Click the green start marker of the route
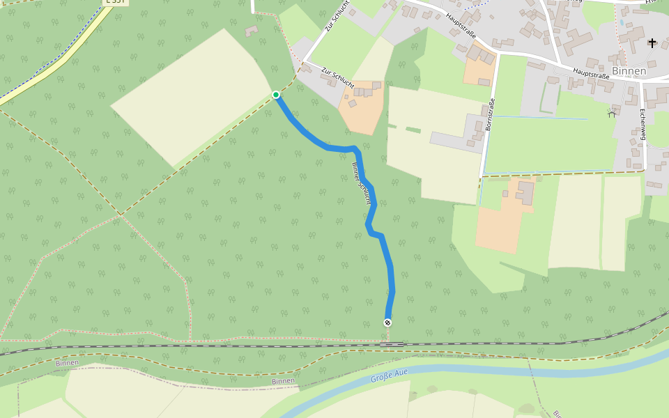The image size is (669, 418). pyautogui.click(x=276, y=95)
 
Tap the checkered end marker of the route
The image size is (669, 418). pyautogui.click(x=387, y=322)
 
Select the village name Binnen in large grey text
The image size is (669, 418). pyautogui.click(x=631, y=71)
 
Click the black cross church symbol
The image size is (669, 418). pyautogui.click(x=652, y=43)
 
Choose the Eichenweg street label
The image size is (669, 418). pyautogui.click(x=643, y=125)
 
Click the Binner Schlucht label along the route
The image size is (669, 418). pyautogui.click(x=360, y=183)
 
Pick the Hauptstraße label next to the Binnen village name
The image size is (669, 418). pyautogui.click(x=591, y=72)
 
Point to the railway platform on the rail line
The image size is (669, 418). pyautogui.click(x=393, y=344)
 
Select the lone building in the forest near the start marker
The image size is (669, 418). pyautogui.click(x=251, y=31)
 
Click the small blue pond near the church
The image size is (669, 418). pyautogui.click(x=622, y=23)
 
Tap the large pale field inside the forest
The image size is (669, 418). pyautogui.click(x=192, y=98)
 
